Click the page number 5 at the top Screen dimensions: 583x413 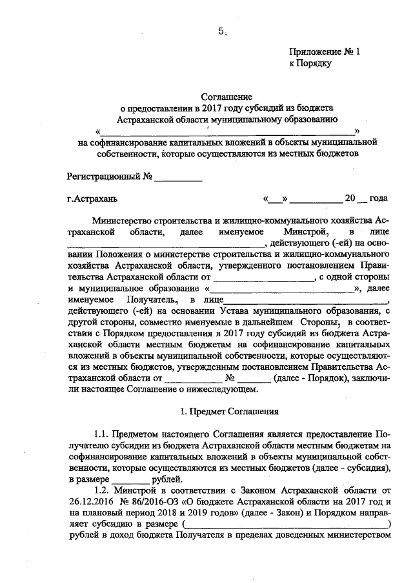tap(221, 31)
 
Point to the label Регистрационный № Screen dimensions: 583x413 tap(109, 176)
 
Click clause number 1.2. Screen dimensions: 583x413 tap(103, 491)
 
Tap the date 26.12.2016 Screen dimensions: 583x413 tap(88, 502)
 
